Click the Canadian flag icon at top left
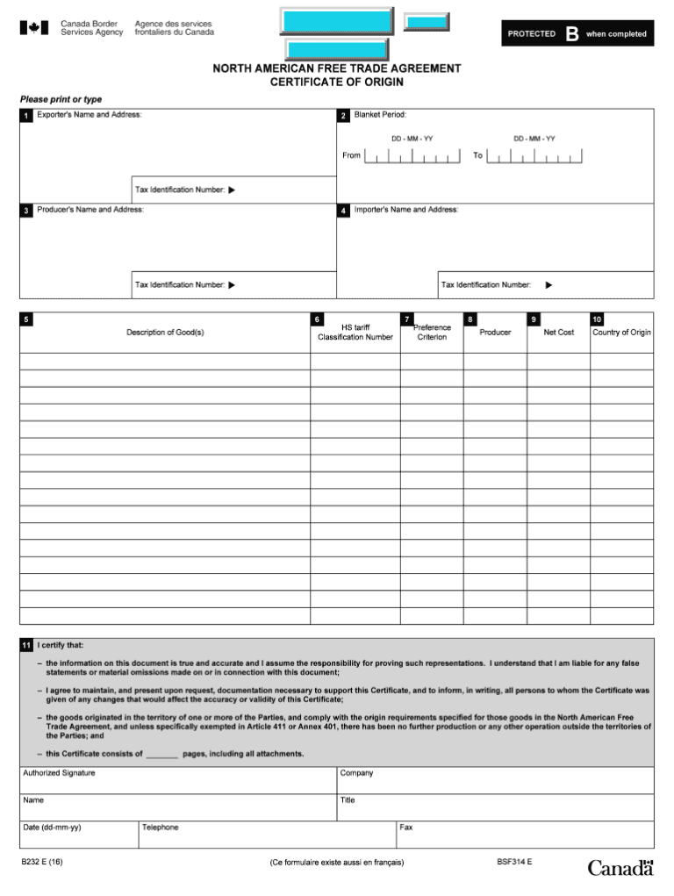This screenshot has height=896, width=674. pyautogui.click(x=33, y=28)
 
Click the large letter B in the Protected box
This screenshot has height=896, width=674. pyautogui.click(x=571, y=33)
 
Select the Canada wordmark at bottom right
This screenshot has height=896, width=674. pyautogui.click(x=620, y=868)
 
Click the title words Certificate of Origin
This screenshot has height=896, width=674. pyautogui.click(x=336, y=82)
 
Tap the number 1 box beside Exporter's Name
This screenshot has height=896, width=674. pyautogui.click(x=26, y=115)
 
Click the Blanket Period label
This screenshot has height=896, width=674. pyautogui.click(x=380, y=115)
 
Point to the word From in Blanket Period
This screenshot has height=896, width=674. pyautogui.click(x=351, y=155)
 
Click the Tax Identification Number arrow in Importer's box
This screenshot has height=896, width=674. pyautogui.click(x=549, y=284)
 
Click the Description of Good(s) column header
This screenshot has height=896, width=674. pyautogui.click(x=165, y=333)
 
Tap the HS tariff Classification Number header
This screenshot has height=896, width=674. pyautogui.click(x=355, y=333)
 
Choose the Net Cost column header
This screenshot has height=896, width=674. pyautogui.click(x=558, y=333)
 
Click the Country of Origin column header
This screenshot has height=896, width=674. pyautogui.click(x=621, y=333)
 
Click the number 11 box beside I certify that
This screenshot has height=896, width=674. pyautogui.click(x=26, y=645)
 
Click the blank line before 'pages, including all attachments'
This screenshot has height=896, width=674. pyautogui.click(x=162, y=755)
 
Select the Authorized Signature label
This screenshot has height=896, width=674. pyautogui.click(x=59, y=773)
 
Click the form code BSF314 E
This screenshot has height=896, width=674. pyautogui.click(x=514, y=862)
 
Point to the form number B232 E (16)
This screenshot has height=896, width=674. pyautogui.click(x=42, y=862)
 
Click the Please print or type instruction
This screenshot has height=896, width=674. pyautogui.click(x=61, y=99)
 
